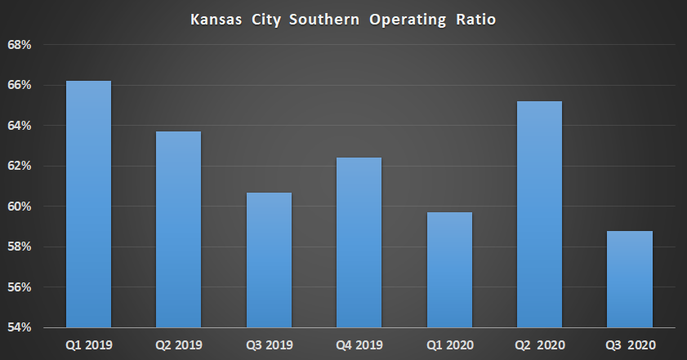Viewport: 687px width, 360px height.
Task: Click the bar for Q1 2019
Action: point(88,204)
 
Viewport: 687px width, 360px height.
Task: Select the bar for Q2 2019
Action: point(178,229)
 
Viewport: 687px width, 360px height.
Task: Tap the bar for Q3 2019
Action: point(269,260)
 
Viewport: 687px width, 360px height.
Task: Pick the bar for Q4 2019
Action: point(359,242)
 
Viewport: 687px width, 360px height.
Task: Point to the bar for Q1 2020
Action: point(449,269)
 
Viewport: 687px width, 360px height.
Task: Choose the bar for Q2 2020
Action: point(539,214)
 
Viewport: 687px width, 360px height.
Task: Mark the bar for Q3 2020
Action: point(630,279)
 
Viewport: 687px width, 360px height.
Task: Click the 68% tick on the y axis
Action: point(19,45)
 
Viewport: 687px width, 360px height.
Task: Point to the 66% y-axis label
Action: point(19,85)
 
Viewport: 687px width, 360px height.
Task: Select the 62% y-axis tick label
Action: point(19,166)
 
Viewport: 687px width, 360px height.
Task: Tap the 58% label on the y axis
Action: point(19,247)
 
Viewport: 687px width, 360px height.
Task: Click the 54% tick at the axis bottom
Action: point(19,327)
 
